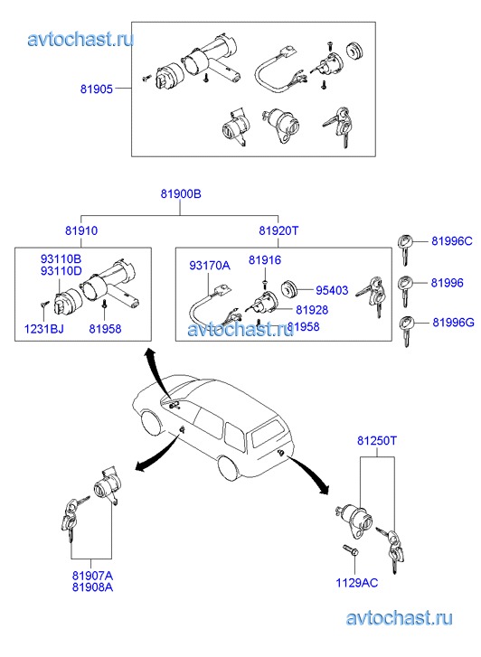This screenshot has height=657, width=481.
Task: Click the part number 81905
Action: pos(97,89)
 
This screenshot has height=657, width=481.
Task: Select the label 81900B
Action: pos(181,194)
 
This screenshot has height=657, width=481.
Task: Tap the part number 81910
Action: pos(81,230)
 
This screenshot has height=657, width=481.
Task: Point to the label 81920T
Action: pos(278,230)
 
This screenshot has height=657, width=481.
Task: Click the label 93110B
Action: pos(61,259)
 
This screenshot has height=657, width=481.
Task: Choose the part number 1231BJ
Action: pos(44,329)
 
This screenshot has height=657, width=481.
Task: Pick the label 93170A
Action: pos(210,265)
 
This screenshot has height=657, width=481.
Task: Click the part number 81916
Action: pos(265,260)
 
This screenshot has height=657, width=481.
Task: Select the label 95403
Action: pos(332,290)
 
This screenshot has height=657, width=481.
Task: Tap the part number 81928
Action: pos(312,310)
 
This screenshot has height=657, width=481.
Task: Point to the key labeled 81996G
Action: pos(406,331)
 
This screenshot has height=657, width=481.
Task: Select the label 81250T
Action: pos(377,441)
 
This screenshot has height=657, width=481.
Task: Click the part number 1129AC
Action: pos(357,583)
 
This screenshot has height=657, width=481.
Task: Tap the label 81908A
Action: pos(93,587)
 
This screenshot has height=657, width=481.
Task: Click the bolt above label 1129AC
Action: pos(351,550)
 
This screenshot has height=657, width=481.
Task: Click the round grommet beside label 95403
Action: pos(288,289)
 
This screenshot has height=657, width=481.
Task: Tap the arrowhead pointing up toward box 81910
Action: pos(148,354)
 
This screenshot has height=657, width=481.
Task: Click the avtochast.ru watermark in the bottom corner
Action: pos(400,618)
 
